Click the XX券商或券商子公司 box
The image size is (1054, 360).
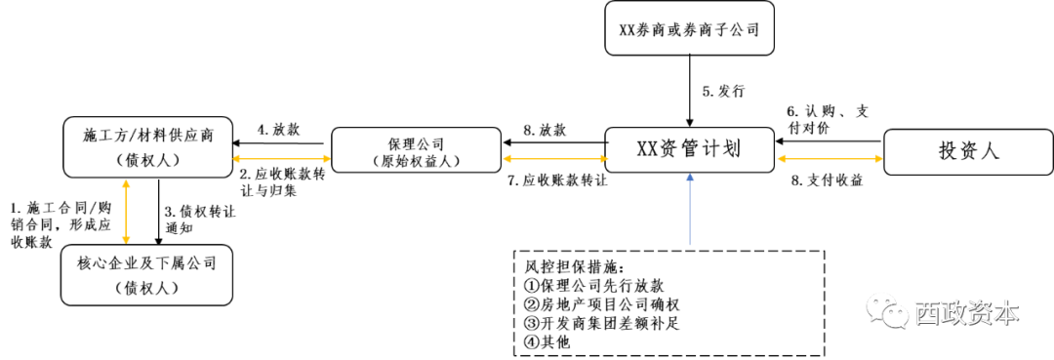[x=689, y=28]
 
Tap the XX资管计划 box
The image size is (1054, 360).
[x=689, y=149]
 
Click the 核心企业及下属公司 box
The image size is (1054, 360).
[x=146, y=274]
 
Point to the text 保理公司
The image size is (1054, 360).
[x=416, y=142]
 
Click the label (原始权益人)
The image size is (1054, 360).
[x=416, y=161]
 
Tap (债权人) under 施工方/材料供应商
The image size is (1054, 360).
[x=147, y=161]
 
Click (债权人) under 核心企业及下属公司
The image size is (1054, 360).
[x=146, y=288]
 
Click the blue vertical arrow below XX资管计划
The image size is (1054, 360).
[x=690, y=210]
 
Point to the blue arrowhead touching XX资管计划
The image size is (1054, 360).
[x=690, y=178]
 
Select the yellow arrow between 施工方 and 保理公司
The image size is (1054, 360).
[x=282, y=157]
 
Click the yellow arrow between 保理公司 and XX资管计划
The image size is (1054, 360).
[x=552, y=157]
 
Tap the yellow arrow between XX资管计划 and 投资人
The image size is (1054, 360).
[x=829, y=157]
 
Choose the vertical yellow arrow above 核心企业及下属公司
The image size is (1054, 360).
[x=126, y=211]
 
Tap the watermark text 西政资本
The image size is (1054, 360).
[x=966, y=313]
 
